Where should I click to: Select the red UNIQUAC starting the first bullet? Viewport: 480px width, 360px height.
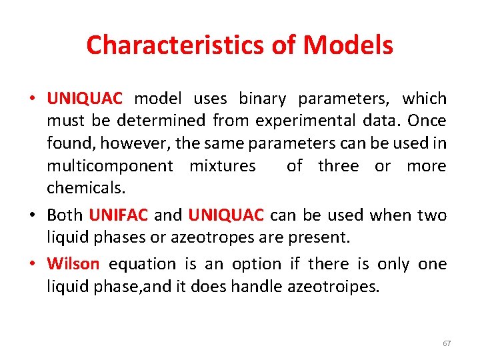tap(85, 99)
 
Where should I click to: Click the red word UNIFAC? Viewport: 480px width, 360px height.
tap(118, 215)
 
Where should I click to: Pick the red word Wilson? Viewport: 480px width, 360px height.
tap(73, 264)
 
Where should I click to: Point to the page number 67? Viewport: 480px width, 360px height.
tap(447, 343)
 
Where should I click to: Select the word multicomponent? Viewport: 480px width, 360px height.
tap(110, 166)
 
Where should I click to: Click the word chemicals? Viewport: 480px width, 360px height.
tap(85, 188)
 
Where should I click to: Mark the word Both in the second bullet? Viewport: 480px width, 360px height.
tap(65, 215)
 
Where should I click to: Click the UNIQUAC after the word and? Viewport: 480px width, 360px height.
tap(227, 215)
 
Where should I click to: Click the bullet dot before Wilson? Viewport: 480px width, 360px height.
tap(32, 264)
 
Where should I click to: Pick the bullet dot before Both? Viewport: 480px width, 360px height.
tap(32, 215)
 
